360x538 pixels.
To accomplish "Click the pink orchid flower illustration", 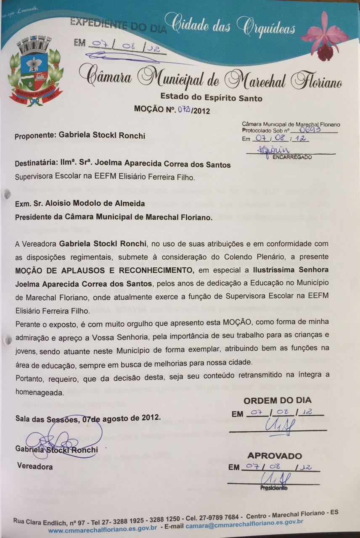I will click(325, 35).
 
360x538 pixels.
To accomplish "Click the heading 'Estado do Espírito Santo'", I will click(212, 98).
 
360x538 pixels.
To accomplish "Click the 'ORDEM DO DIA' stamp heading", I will click(278, 400).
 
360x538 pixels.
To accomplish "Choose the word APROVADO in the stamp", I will click(274, 456).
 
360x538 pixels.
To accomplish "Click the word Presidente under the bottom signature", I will click(274, 488).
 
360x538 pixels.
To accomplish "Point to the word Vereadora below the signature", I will click(35, 466).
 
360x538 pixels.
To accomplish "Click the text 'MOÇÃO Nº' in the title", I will click(154, 109).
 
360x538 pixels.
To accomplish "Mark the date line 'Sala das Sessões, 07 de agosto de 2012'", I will click(88, 419).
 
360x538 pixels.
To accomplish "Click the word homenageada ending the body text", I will click(40, 393).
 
